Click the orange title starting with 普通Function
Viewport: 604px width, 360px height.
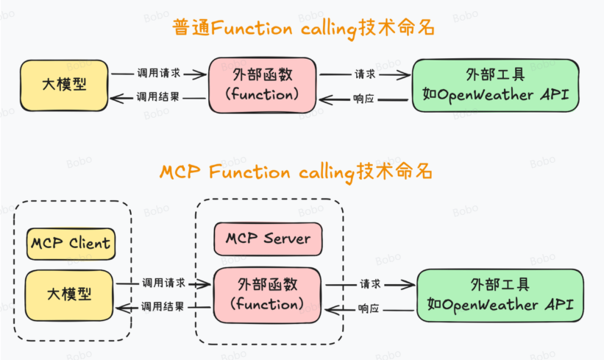pos(303,29)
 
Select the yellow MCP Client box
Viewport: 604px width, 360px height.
pos(71,243)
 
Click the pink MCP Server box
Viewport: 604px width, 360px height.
pos(268,239)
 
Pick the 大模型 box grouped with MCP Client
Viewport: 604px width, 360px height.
pos(70,294)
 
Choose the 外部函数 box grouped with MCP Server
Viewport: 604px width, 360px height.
pos(267,293)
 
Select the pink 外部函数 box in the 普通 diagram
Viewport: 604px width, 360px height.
pos(263,84)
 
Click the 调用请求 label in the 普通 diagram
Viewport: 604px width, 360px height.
pos(159,74)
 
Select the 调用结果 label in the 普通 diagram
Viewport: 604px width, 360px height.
pos(159,97)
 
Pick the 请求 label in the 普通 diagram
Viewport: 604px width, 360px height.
pos(365,74)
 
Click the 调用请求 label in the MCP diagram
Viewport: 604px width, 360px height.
pos(163,283)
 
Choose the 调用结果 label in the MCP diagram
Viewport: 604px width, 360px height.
pos(163,306)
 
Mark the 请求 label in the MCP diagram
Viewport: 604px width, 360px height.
pos(370,283)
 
